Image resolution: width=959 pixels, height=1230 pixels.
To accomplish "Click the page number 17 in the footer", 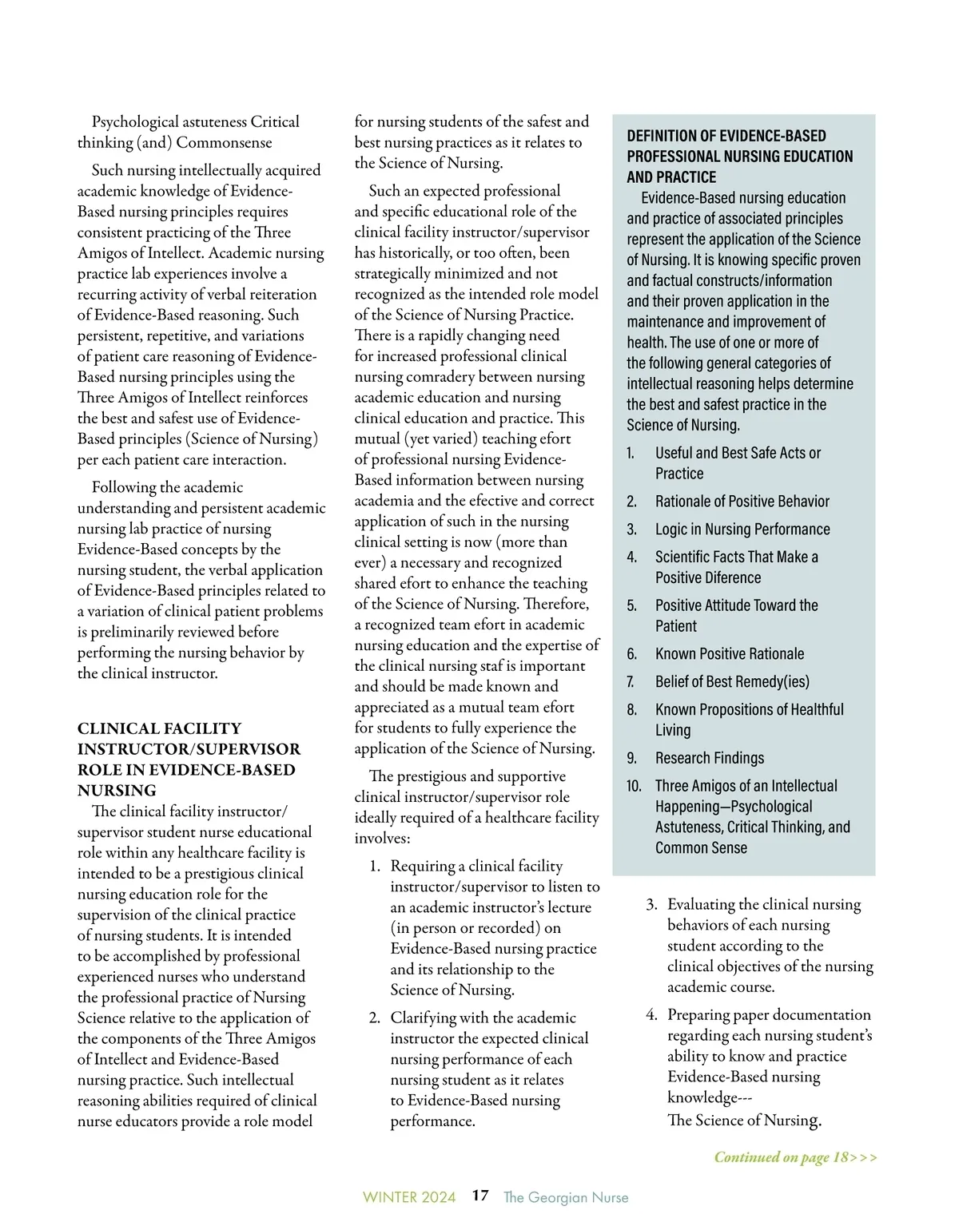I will [x=479, y=1196].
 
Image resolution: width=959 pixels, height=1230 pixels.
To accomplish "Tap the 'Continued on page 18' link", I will [x=795, y=1157].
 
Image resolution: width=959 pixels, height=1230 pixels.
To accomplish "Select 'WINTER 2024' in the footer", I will [x=409, y=1197].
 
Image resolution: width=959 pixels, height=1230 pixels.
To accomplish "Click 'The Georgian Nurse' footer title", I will [x=566, y=1197].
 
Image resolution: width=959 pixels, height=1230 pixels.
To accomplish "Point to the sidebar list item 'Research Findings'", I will [x=709, y=758].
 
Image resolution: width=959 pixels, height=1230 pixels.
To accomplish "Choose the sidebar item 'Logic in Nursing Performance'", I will [x=742, y=530].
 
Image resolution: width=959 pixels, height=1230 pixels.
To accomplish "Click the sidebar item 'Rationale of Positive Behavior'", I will [x=742, y=502].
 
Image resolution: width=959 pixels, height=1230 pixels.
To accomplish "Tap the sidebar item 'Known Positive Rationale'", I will [x=729, y=654].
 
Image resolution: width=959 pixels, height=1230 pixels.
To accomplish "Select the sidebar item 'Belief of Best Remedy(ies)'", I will [x=731, y=682].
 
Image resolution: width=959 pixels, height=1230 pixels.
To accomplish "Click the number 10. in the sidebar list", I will [x=634, y=786].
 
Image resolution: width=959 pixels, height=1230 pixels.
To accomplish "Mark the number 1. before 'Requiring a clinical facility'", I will [x=375, y=867].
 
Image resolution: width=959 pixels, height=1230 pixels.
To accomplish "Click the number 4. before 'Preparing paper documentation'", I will [x=652, y=1015].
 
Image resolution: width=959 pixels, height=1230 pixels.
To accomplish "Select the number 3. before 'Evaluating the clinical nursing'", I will [x=652, y=905].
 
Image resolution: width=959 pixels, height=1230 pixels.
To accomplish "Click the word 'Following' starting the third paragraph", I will [x=124, y=487].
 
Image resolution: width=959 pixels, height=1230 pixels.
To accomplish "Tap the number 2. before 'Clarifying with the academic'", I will [x=375, y=1018].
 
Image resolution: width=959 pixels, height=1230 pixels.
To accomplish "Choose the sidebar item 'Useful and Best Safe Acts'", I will [x=737, y=454].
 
